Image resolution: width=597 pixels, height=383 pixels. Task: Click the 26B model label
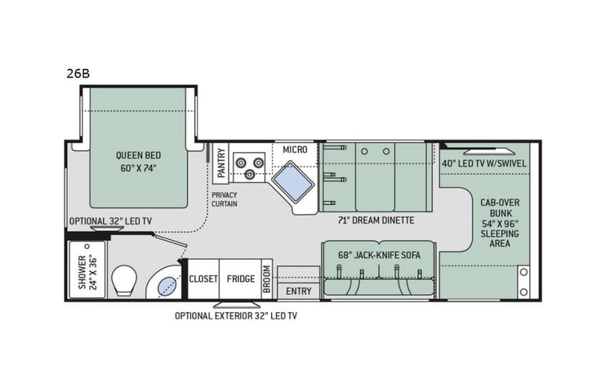pyautogui.click(x=78, y=73)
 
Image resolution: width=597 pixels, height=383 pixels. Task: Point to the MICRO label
pyautogui.click(x=295, y=149)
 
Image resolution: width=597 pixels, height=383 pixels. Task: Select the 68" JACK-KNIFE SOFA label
pyautogui.click(x=380, y=255)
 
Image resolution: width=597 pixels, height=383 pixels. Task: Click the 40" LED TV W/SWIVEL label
pyautogui.click(x=483, y=162)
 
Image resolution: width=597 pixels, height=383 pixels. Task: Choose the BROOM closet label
pyautogui.click(x=266, y=278)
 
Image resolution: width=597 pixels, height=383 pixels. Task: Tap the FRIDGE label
pyautogui.click(x=241, y=278)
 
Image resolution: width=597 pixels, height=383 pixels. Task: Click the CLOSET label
pyautogui.click(x=203, y=278)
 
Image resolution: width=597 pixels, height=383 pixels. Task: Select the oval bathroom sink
pyautogui.click(x=167, y=285)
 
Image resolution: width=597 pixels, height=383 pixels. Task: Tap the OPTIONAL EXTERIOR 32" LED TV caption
pyautogui.click(x=235, y=316)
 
